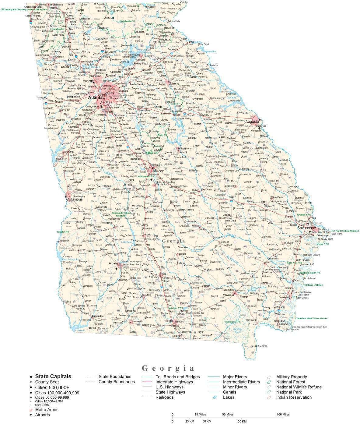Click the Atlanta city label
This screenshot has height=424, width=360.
click(x=95, y=98)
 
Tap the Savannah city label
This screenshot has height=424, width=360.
click(x=305, y=228)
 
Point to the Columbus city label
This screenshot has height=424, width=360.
click(x=75, y=200)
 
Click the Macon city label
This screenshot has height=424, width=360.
click(x=159, y=171)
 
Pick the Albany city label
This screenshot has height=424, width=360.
click(x=114, y=264)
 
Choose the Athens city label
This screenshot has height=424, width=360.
click(x=174, y=83)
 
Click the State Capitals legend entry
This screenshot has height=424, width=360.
click(x=53, y=376)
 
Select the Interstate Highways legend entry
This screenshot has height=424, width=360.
click(x=174, y=382)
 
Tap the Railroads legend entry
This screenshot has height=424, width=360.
click(x=164, y=397)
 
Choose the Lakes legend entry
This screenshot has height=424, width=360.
click(x=229, y=397)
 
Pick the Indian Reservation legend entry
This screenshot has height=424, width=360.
click(x=294, y=397)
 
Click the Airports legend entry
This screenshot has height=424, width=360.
click(x=42, y=415)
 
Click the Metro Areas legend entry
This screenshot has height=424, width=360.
click(x=47, y=410)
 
